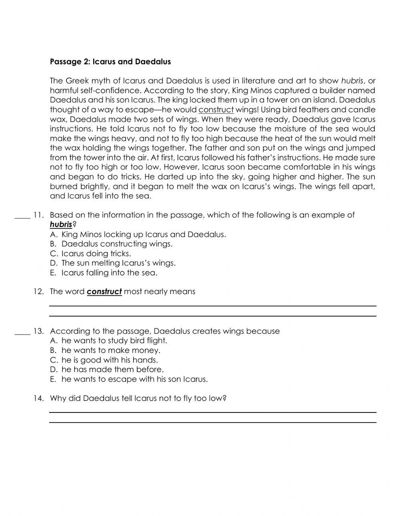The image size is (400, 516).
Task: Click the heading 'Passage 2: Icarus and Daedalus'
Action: click(x=110, y=62)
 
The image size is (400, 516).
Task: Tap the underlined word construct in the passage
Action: click(x=216, y=110)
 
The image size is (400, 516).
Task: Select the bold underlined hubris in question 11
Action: click(x=61, y=225)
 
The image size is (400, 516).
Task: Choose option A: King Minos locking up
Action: click(x=138, y=234)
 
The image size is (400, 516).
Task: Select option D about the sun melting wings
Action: click(x=113, y=263)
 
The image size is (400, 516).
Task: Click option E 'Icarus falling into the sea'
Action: click(x=104, y=273)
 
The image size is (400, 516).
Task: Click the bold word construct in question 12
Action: click(x=104, y=291)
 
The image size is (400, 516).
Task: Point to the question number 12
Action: click(x=38, y=291)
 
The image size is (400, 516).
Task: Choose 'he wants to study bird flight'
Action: click(x=109, y=341)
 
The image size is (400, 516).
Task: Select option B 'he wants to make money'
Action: click(x=106, y=350)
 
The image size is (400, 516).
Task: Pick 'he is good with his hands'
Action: click(x=104, y=360)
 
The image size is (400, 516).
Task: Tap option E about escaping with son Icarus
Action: click(x=129, y=379)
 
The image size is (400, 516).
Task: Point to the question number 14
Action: click(x=38, y=398)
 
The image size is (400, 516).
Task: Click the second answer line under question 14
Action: click(x=212, y=422)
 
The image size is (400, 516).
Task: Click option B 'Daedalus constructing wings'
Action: click(x=112, y=244)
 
